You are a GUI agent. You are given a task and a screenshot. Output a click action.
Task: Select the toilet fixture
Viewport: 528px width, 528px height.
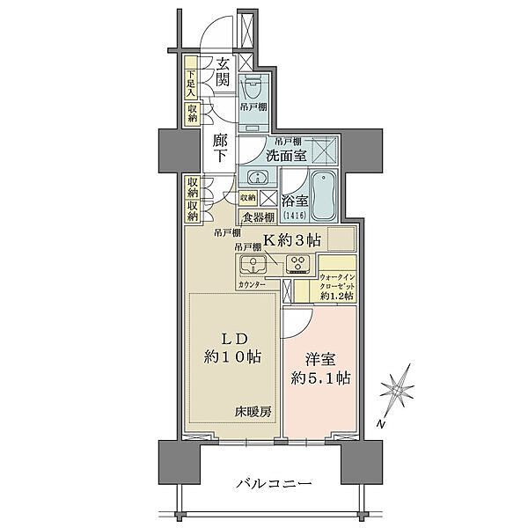[253, 88]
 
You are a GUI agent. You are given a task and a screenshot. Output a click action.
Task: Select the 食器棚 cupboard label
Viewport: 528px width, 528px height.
[258, 217]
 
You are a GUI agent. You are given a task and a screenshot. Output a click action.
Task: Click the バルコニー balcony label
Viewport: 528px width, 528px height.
[275, 485]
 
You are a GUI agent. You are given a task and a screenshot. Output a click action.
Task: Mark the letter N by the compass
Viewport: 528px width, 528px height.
[381, 425]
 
